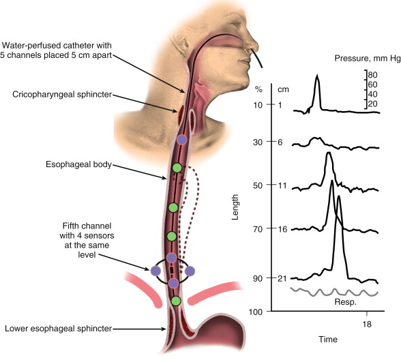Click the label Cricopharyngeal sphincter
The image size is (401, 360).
point(62,95)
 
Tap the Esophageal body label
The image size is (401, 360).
point(79,164)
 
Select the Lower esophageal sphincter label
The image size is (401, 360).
point(59,329)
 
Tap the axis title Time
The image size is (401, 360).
point(328,340)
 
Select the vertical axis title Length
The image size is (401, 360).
point(235,207)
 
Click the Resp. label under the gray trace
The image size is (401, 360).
point(346,302)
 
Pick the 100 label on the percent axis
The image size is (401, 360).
point(256,312)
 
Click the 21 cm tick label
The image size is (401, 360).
point(282,278)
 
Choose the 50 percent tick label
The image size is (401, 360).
point(258,185)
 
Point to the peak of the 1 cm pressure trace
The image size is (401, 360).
point(317,75)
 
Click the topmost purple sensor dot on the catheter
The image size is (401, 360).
point(182,140)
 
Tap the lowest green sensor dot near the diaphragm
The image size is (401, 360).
point(176,301)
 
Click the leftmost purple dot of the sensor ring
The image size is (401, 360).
point(155,271)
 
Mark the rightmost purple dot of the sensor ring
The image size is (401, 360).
point(190,271)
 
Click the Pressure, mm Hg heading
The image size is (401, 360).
point(368,59)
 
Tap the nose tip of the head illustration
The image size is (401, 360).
point(258,47)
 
